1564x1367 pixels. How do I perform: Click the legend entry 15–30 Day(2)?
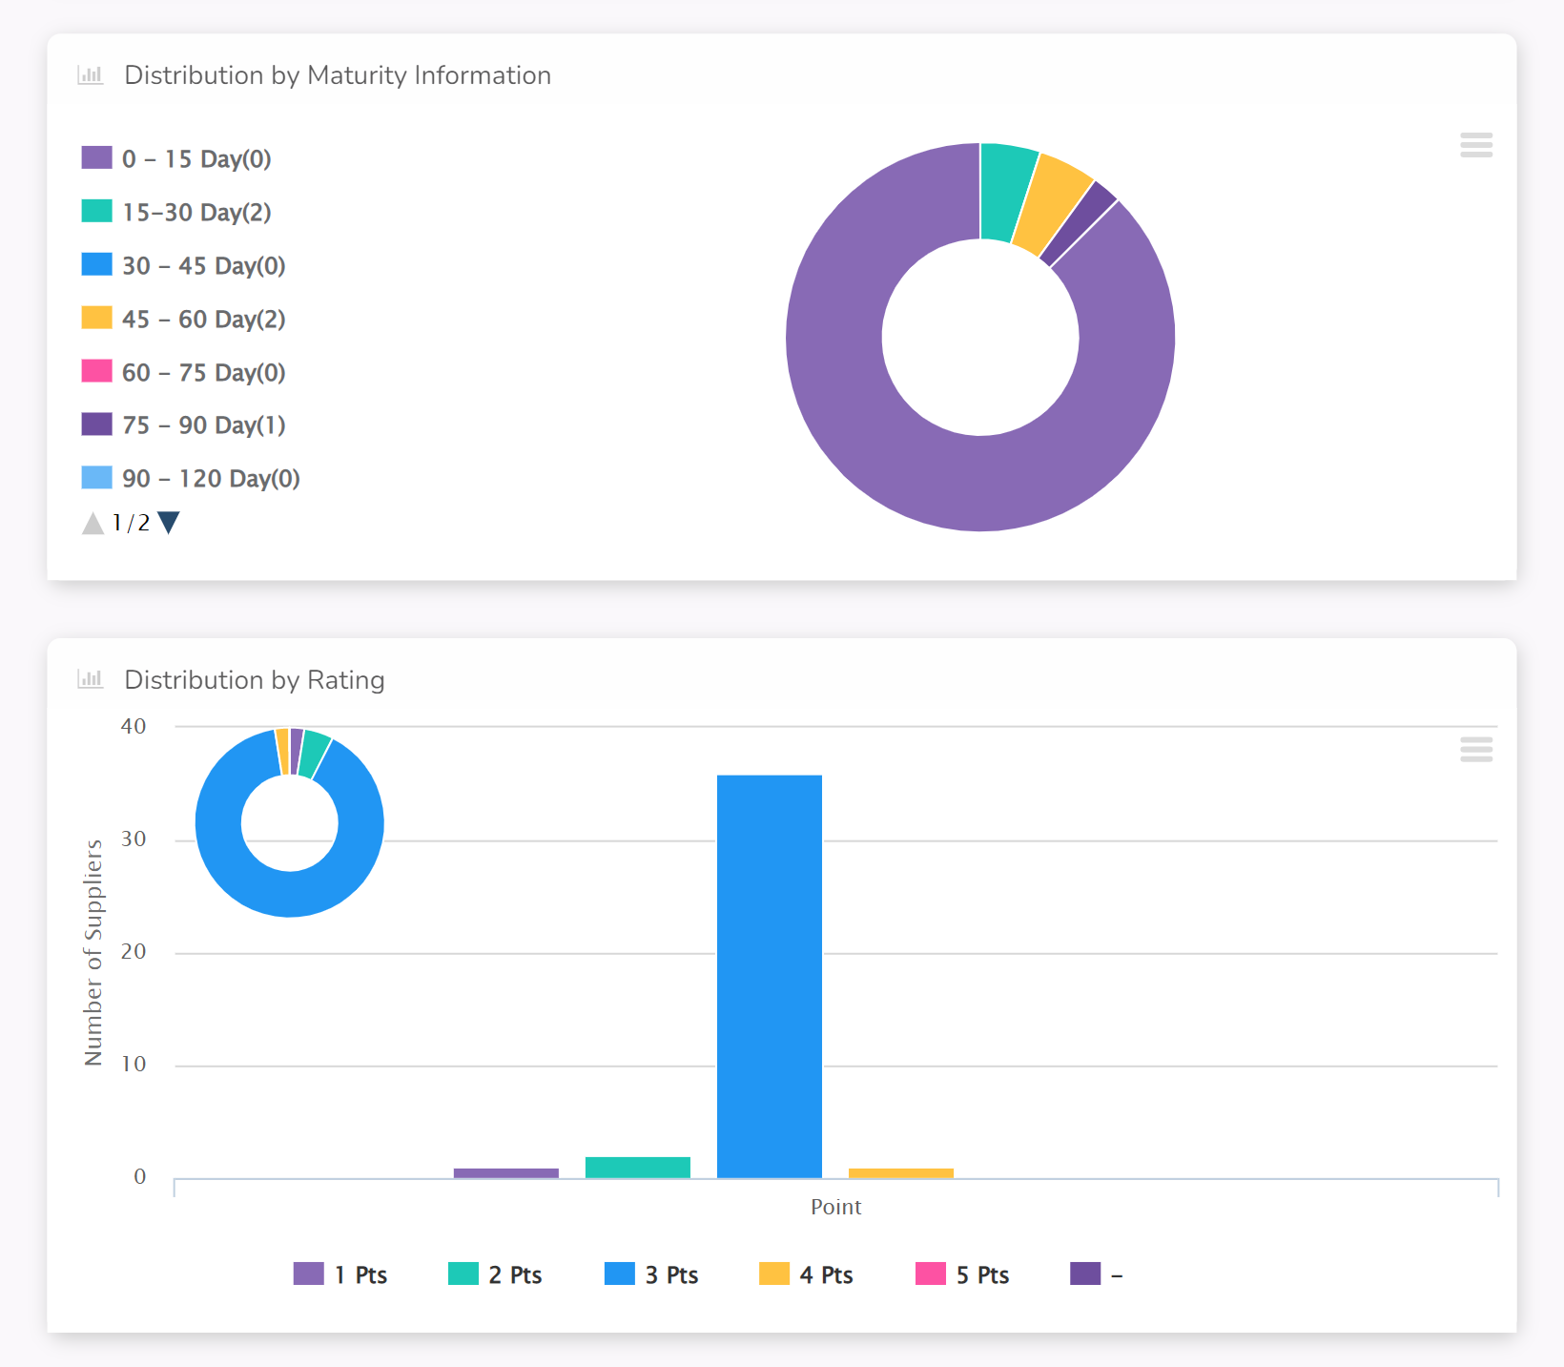[176, 212]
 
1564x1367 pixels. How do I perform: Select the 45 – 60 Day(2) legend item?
[183, 319]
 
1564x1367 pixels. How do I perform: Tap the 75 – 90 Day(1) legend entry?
[183, 425]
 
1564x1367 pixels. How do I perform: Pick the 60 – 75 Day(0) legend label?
[183, 372]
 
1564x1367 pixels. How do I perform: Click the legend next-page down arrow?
[169, 523]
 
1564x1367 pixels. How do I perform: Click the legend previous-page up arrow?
[93, 523]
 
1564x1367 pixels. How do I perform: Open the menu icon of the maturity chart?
[1476, 145]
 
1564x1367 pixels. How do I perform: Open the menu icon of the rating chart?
[1476, 750]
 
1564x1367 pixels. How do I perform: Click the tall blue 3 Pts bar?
[770, 977]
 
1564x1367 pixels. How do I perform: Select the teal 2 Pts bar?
[638, 1168]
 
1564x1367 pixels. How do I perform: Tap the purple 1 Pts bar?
[506, 1173]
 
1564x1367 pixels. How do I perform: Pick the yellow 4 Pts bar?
[901, 1173]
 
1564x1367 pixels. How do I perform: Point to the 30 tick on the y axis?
[134, 839]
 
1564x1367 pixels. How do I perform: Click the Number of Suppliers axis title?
[93, 953]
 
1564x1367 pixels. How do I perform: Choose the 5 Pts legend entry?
[962, 1274]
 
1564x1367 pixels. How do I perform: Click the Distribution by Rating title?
[255, 680]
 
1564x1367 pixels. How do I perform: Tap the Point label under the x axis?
[836, 1207]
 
